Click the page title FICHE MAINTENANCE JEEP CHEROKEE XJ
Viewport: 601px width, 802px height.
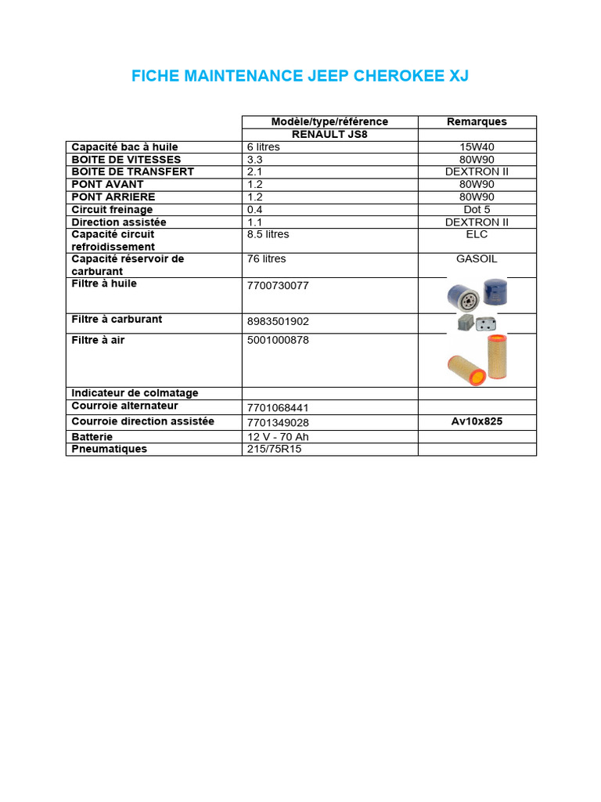(300, 76)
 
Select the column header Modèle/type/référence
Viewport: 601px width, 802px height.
(329, 121)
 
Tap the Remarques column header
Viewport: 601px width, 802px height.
(477, 121)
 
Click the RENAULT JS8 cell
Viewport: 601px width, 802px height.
(329, 134)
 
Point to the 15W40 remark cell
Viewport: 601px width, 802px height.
(477, 147)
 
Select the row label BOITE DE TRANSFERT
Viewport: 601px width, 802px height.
(132, 172)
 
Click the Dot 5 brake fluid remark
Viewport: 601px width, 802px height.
(477, 210)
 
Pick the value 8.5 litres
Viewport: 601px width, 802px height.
(268, 234)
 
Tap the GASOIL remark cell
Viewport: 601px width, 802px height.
(477, 258)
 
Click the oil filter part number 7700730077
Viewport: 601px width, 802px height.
(278, 286)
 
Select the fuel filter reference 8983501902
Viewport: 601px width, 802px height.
(278, 321)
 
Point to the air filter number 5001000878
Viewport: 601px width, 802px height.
(278, 341)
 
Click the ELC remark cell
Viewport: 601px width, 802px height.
(477, 234)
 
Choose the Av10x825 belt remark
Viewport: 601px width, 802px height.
(477, 421)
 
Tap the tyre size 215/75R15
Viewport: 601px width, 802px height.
(274, 450)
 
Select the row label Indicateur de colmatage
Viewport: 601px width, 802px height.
(135, 393)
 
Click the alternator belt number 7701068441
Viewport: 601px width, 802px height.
(278, 408)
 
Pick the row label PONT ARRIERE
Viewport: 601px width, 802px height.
(113, 197)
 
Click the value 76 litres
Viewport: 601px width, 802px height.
(266, 258)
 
